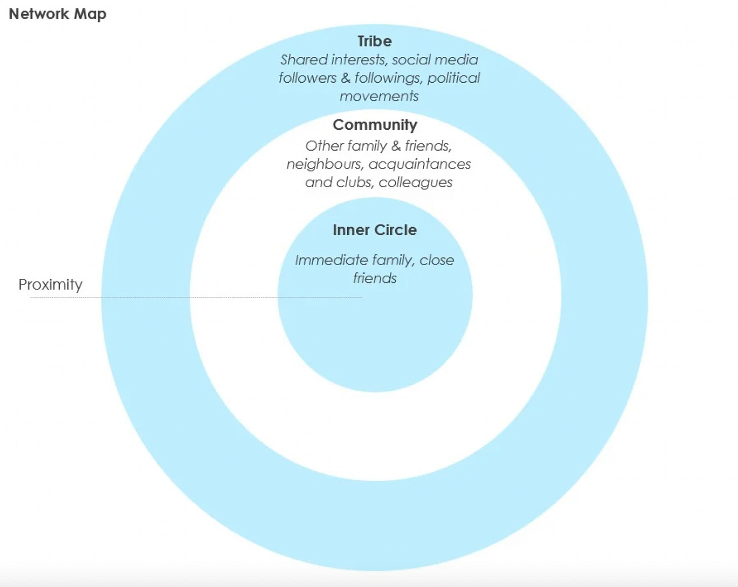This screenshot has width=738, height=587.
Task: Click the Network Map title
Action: [x=57, y=14]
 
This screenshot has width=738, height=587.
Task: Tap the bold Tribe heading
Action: [x=375, y=41]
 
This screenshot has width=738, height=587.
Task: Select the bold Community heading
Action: [x=375, y=125]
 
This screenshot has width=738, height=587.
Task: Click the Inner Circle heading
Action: [x=375, y=230]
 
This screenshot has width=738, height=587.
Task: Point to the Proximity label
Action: [x=50, y=284]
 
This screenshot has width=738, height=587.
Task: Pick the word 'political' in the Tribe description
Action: [x=453, y=78]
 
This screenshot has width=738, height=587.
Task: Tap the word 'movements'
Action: [x=379, y=96]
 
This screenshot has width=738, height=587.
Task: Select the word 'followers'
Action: [x=307, y=78]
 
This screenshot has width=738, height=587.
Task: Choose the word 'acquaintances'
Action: [x=420, y=164]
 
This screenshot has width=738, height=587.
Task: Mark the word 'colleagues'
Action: [x=416, y=182]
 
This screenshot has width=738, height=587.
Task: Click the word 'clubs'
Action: [x=354, y=182]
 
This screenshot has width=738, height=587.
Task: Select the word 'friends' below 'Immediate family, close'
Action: [x=375, y=278]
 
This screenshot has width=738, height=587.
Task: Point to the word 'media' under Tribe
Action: [x=456, y=60]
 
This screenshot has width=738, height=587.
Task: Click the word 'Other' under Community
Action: [x=324, y=146]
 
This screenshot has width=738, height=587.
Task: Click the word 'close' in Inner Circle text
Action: [x=436, y=260]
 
